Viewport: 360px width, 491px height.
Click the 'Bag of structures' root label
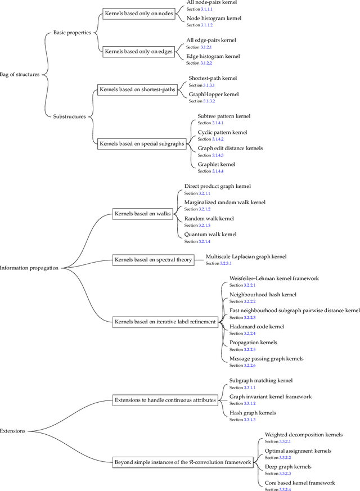(20, 74)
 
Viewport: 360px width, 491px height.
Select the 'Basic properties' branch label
(72, 33)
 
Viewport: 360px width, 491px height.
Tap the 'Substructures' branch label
(69, 116)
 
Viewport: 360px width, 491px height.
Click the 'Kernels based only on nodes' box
(138, 13)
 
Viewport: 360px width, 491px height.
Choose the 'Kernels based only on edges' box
(138, 51)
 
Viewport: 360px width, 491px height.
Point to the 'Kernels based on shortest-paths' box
(137, 89)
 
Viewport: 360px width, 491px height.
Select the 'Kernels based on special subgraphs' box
(142, 143)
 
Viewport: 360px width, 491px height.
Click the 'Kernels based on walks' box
(142, 214)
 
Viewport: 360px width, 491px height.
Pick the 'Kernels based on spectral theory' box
(153, 259)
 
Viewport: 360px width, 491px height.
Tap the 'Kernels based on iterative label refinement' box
(165, 322)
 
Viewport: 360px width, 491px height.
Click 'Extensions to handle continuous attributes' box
(165, 400)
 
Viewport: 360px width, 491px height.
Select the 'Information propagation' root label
(29, 268)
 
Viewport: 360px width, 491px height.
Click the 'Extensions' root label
(13, 431)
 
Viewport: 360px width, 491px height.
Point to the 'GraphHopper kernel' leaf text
(213, 94)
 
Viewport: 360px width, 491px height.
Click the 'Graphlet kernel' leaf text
(216, 164)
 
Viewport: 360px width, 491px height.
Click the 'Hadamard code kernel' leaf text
(256, 327)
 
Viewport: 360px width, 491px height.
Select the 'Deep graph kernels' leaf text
(287, 467)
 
